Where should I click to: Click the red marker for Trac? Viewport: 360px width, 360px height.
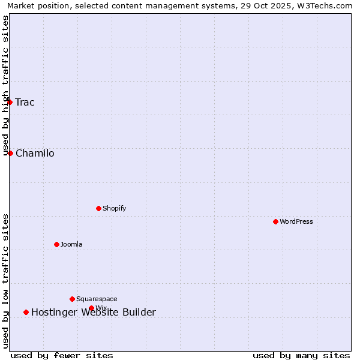pyautogui.click(x=10, y=102)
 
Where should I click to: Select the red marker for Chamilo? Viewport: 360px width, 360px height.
pyautogui.click(x=10, y=153)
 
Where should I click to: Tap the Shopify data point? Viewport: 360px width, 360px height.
pyautogui.click(x=99, y=208)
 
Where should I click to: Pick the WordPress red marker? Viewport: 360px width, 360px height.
pyautogui.click(x=276, y=221)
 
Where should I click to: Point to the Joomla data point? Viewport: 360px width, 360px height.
pyautogui.click(x=57, y=244)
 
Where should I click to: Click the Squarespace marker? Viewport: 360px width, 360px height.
pyautogui.click(x=73, y=299)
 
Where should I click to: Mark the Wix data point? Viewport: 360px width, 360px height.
pyautogui.click(x=92, y=308)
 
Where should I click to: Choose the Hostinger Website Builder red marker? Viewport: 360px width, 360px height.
pyautogui.click(x=26, y=312)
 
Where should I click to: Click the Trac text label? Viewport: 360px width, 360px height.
pyautogui.click(x=25, y=102)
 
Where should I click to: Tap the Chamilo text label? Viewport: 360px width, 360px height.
pyautogui.click(x=35, y=153)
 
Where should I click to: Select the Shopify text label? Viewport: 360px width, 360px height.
pyautogui.click(x=114, y=208)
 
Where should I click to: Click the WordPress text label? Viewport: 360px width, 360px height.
pyautogui.click(x=296, y=221)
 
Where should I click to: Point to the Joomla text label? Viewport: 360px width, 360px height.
pyautogui.click(x=71, y=244)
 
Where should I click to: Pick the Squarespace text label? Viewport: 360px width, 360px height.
pyautogui.click(x=97, y=299)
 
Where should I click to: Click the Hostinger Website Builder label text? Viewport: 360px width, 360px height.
pyautogui.click(x=94, y=312)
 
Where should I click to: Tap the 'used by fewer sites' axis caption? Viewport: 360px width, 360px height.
pyautogui.click(x=62, y=355)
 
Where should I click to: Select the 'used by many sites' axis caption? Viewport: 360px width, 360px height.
pyautogui.click(x=301, y=355)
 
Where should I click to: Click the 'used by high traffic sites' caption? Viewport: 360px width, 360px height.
pyautogui.click(x=5, y=85)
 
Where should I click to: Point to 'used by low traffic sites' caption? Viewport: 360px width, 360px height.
pyautogui.click(x=5, y=281)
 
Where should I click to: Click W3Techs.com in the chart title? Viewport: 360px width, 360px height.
pyautogui.click(x=325, y=5)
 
